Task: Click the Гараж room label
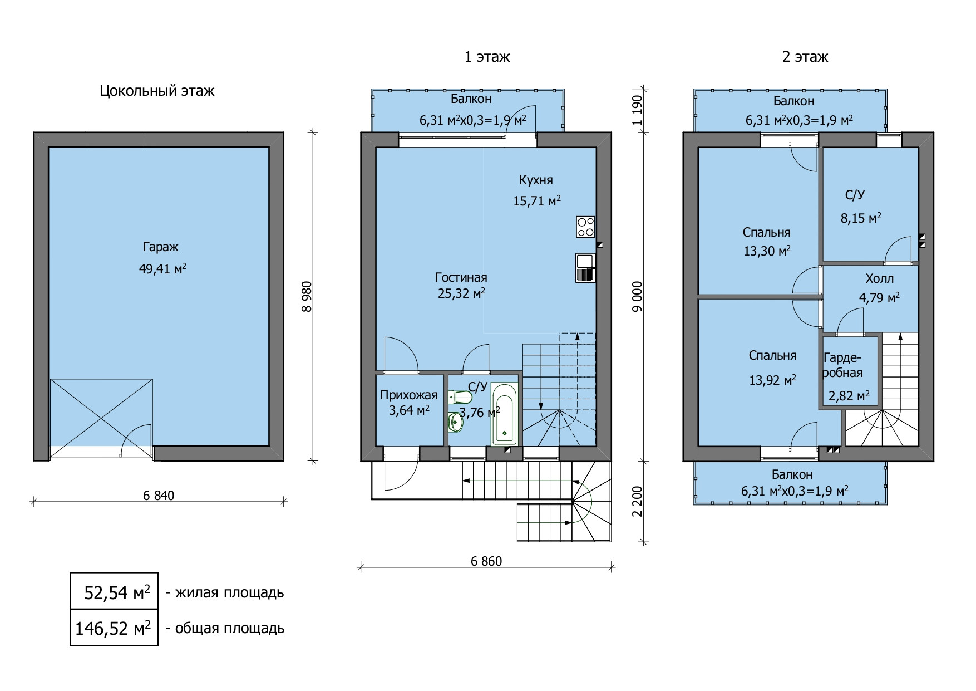click(160, 247)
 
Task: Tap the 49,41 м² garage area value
click(162, 269)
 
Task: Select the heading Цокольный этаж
click(157, 91)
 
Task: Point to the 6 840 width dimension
click(159, 495)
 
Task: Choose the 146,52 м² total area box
click(114, 628)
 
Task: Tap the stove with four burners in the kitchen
click(585, 227)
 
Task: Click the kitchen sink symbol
click(585, 268)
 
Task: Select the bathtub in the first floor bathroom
click(505, 414)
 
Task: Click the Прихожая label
click(409, 395)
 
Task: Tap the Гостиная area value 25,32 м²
click(461, 293)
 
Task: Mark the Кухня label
click(536, 180)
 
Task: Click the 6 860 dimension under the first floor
click(486, 561)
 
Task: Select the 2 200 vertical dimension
click(638, 501)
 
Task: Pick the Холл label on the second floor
click(880, 278)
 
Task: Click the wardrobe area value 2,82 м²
click(849, 396)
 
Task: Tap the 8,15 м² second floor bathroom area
click(861, 218)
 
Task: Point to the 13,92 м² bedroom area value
click(773, 380)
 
